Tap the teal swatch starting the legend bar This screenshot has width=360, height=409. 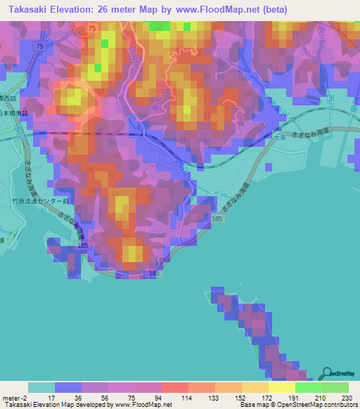click(x=41, y=387)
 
